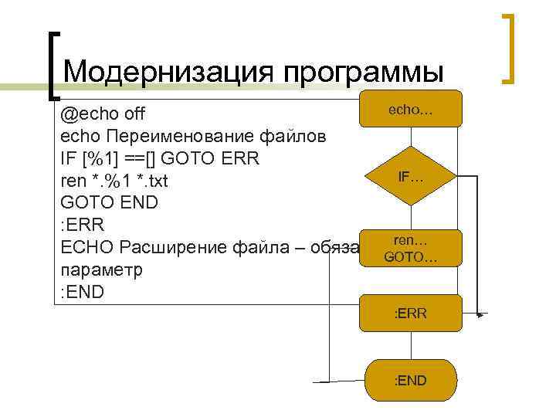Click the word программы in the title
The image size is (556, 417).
(x=364, y=73)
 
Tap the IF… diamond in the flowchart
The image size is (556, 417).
(x=411, y=176)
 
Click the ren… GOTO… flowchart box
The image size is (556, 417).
(x=411, y=248)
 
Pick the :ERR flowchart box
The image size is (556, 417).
(x=411, y=314)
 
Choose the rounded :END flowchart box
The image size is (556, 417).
(x=411, y=380)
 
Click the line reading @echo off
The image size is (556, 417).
(x=103, y=115)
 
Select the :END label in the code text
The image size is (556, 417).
(x=81, y=293)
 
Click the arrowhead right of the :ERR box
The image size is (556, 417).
(x=481, y=315)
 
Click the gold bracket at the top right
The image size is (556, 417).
(x=508, y=48)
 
